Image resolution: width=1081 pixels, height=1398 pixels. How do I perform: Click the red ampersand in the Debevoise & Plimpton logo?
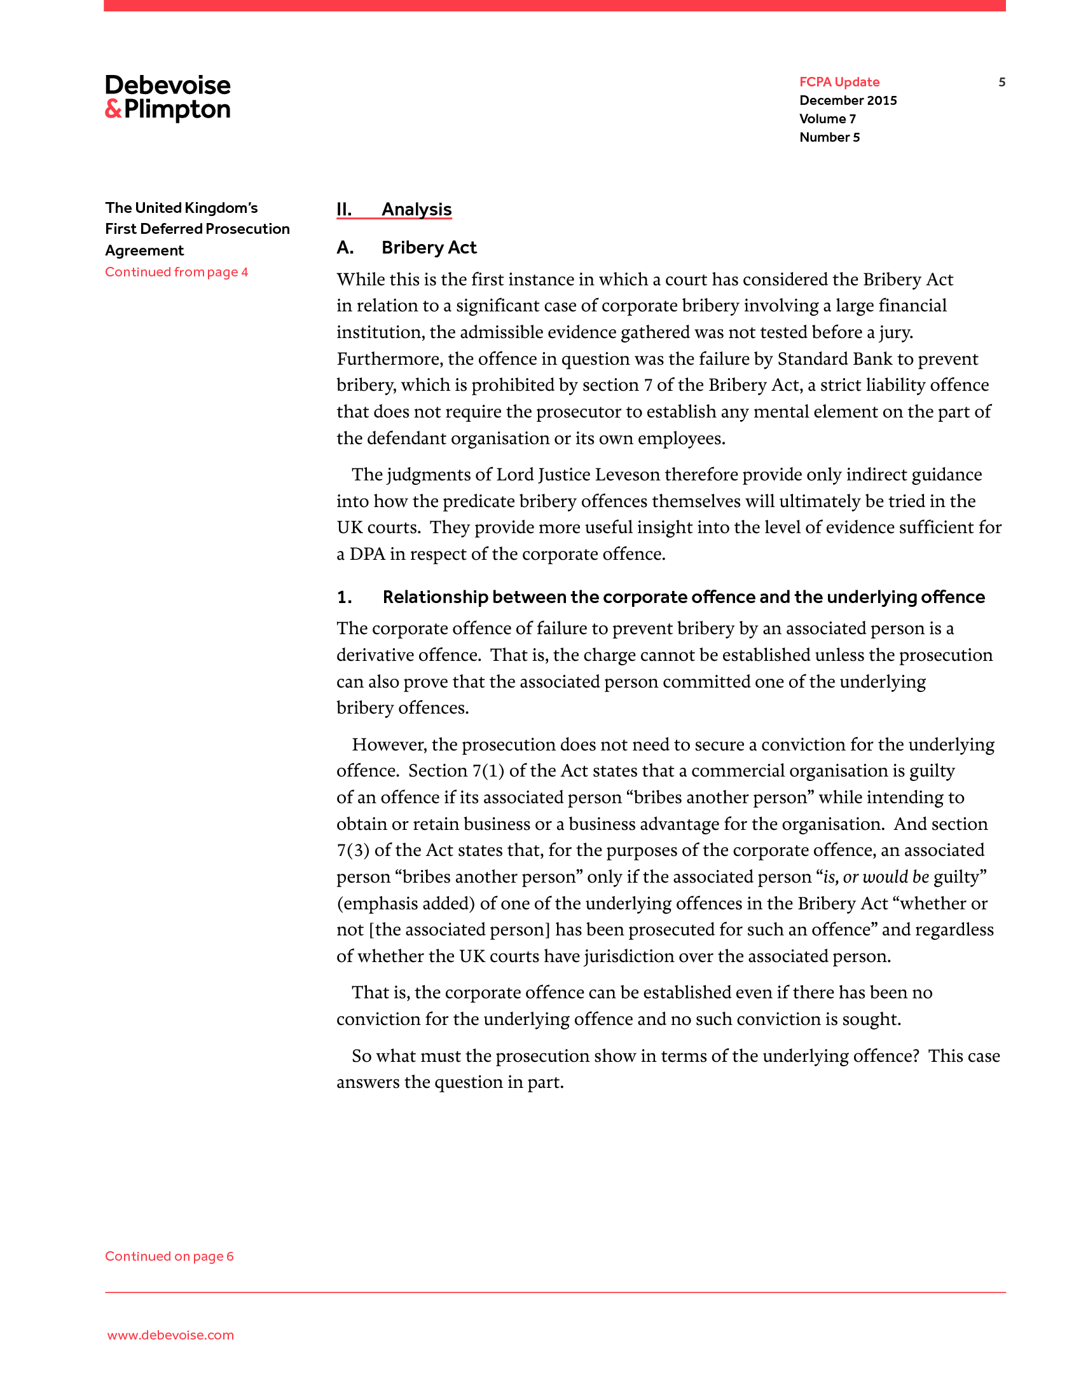tap(113, 109)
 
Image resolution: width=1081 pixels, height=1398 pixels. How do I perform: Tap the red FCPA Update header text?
tap(839, 82)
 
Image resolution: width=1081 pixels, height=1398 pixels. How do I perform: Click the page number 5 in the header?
tap(1002, 82)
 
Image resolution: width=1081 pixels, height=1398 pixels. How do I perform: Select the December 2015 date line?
tap(848, 100)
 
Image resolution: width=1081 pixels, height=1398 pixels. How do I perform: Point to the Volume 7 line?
tap(827, 119)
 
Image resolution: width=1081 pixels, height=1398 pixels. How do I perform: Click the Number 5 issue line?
tap(829, 138)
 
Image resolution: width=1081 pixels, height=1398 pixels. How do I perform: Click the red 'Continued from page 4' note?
tap(176, 272)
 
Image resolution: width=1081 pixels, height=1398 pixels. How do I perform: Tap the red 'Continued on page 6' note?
tap(169, 1256)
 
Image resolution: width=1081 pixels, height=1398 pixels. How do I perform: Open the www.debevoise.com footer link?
tap(170, 1335)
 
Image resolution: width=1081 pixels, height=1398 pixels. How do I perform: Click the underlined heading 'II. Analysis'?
tap(394, 209)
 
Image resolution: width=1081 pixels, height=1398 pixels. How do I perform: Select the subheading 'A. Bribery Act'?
tap(407, 248)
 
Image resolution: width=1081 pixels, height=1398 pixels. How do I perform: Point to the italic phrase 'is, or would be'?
tap(876, 877)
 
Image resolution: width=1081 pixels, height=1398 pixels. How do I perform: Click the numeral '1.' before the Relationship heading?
tap(344, 597)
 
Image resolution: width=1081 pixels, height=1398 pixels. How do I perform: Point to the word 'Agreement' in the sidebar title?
tap(144, 250)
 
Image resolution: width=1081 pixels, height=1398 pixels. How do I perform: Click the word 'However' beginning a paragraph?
tap(387, 745)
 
